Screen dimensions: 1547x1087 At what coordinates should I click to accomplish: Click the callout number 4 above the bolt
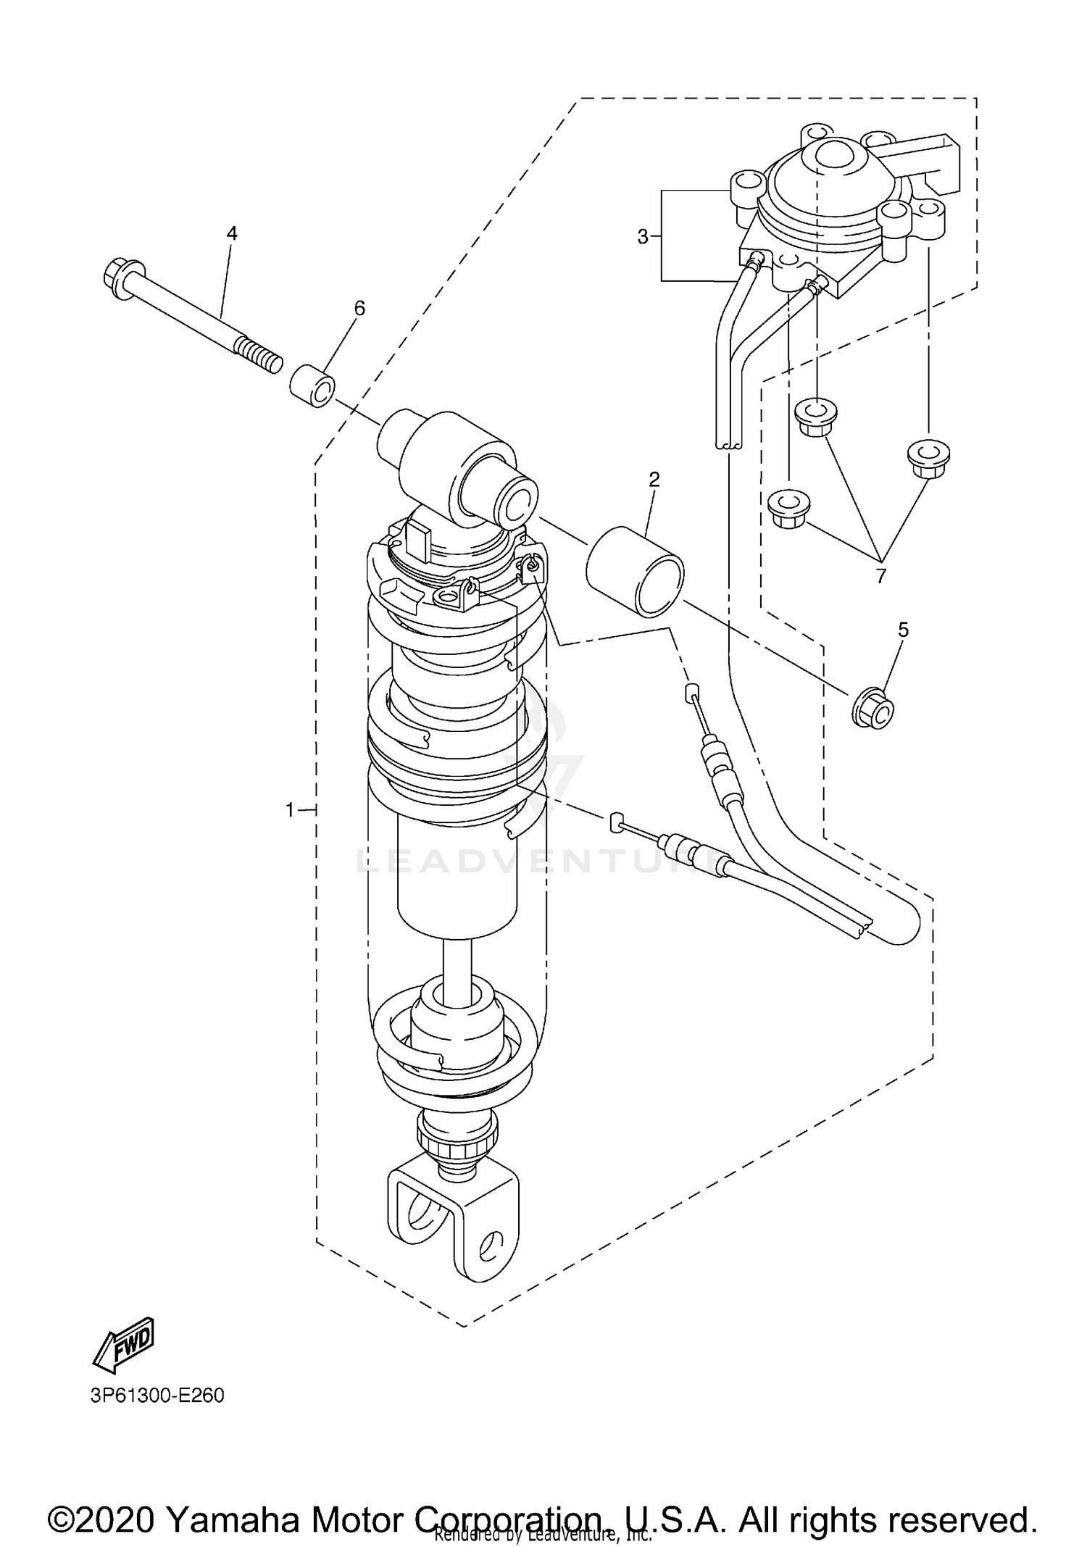232,233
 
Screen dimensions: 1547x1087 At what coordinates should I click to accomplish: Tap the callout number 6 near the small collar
359,308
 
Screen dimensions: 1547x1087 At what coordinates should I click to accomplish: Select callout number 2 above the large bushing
654,479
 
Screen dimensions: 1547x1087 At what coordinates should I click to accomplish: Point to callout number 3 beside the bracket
642,236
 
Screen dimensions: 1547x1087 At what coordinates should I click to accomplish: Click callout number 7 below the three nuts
880,576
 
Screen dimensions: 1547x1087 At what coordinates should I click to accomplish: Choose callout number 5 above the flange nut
903,630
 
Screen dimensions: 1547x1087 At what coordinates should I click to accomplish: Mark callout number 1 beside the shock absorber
291,810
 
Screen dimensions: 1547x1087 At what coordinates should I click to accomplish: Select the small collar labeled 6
313,388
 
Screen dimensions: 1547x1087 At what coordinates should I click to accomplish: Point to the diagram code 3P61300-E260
157,1396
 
